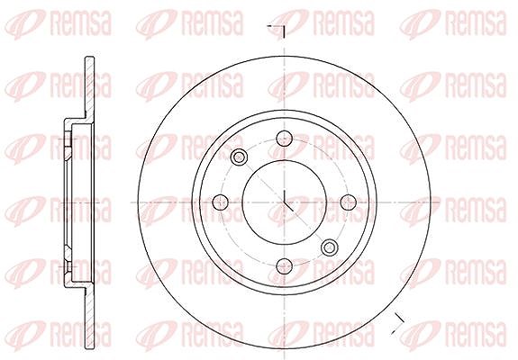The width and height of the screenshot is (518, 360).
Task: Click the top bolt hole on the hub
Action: [284, 139]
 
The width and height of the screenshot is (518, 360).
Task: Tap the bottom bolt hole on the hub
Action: [284, 266]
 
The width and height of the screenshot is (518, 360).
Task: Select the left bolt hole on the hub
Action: [221, 202]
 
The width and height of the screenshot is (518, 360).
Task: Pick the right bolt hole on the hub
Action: [349, 202]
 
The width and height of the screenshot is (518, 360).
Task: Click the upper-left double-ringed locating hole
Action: [239, 157]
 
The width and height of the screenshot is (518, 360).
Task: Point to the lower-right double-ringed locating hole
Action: [330, 247]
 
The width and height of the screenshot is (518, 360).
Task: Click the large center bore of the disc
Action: [284, 202]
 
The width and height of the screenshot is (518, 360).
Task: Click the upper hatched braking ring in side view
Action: [89, 88]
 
